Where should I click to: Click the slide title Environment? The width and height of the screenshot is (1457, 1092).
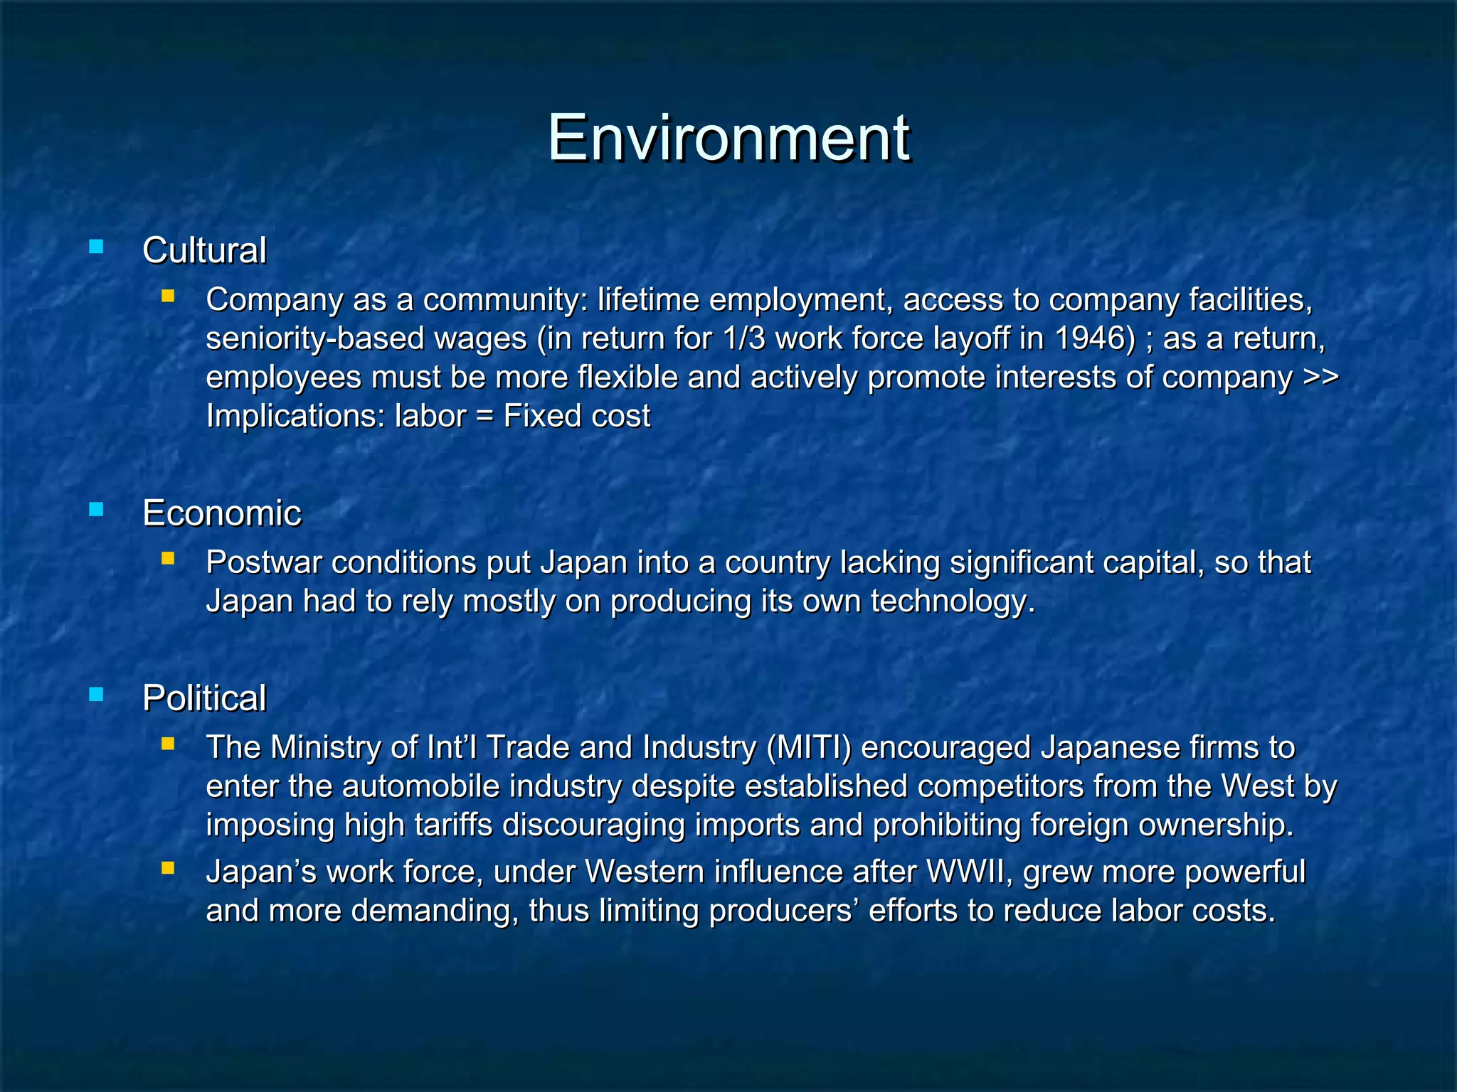coord(728,137)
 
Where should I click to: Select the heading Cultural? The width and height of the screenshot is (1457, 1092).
coord(204,250)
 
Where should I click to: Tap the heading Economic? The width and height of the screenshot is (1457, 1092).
coord(221,513)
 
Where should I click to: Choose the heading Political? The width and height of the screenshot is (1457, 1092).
coord(204,697)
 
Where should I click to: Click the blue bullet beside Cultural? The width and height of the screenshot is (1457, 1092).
coord(96,247)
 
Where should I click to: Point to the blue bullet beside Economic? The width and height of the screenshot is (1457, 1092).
coord(96,510)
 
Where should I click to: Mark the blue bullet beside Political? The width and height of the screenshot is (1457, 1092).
coord(96,695)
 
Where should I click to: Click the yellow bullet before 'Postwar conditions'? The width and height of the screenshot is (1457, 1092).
coord(168,559)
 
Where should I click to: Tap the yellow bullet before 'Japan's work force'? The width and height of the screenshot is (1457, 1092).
coord(168,868)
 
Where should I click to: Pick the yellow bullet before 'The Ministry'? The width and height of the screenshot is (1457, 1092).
coord(168,744)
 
